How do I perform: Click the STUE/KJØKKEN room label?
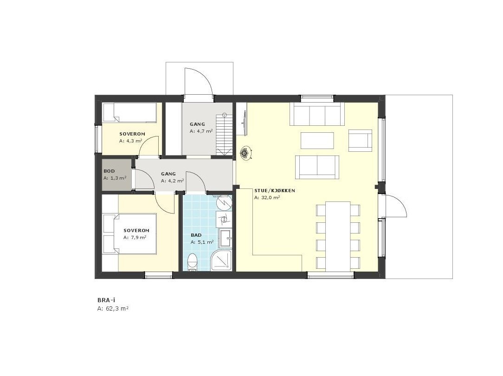click(274, 190)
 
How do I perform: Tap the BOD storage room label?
click(109, 171)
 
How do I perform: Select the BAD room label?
click(196, 235)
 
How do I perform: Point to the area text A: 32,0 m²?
click(267, 198)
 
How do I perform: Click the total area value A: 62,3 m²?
click(113, 308)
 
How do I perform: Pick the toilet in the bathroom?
click(192, 263)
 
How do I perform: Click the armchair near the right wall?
click(361, 140)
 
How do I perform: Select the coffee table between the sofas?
click(317, 140)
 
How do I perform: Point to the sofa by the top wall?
click(317, 114)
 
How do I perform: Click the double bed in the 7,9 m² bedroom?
click(129, 234)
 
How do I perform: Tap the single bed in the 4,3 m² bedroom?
click(129, 113)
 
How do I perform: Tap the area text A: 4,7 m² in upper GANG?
click(201, 131)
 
